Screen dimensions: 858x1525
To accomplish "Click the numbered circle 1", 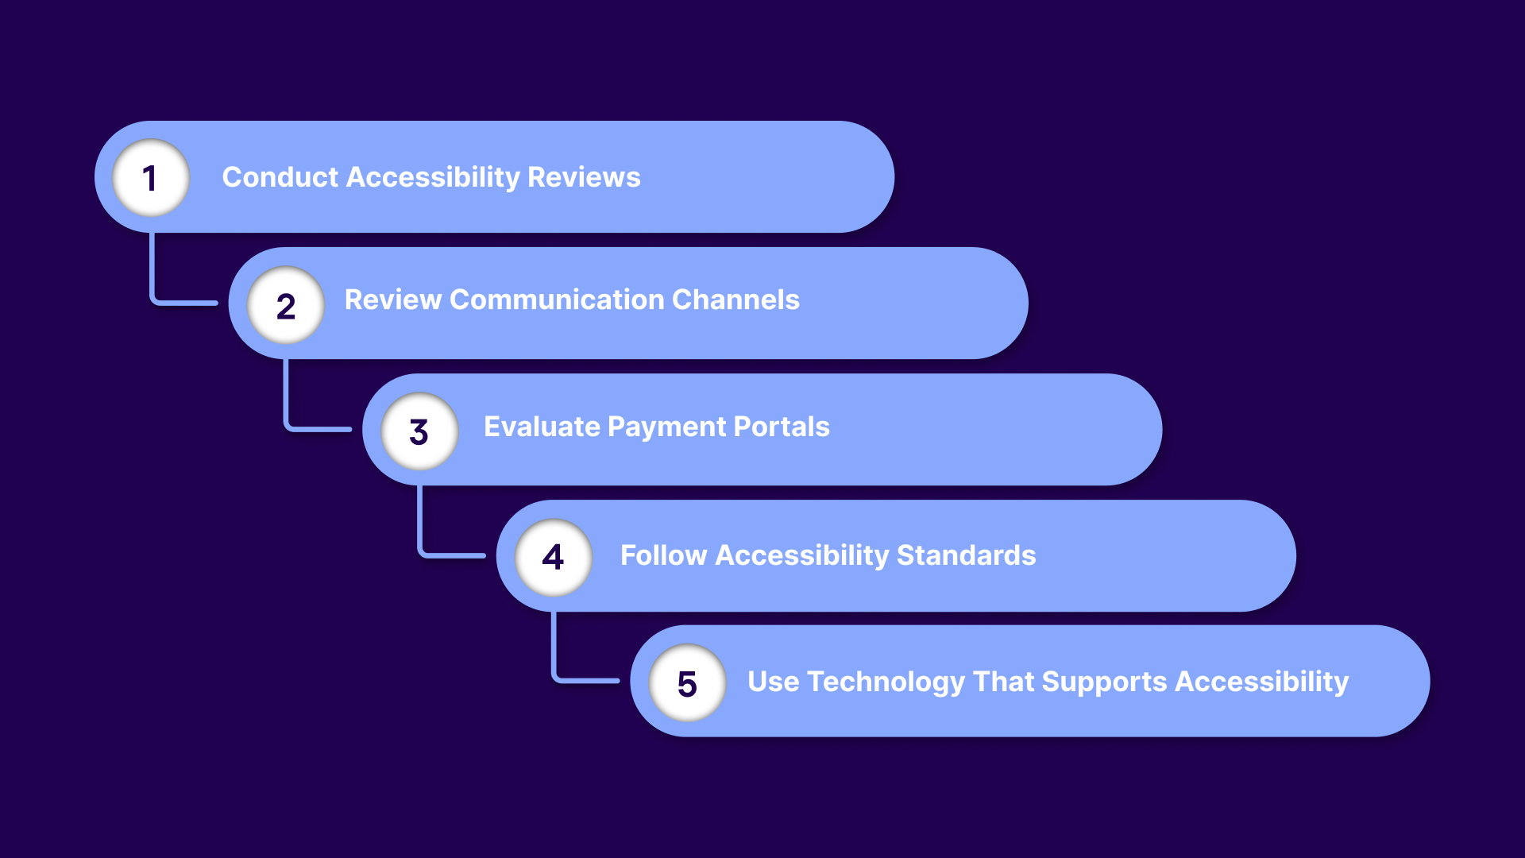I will [150, 178].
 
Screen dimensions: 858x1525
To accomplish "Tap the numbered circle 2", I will [286, 305].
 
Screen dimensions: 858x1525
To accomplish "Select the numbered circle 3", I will [419, 431].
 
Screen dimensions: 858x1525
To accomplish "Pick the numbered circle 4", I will [554, 557].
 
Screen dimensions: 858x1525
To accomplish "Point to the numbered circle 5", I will [687, 683].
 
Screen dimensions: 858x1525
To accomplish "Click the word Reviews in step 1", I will [584, 177].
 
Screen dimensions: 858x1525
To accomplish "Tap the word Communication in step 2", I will [556, 300].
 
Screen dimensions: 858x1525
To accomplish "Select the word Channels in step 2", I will [735, 300].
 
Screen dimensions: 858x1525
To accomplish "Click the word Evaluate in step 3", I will [542, 427].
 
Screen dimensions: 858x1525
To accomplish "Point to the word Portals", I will [782, 427].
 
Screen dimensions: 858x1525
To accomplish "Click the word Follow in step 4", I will [663, 555].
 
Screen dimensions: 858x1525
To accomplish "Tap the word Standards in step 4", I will [966, 555].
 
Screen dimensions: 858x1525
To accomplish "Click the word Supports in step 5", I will [1104, 682].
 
